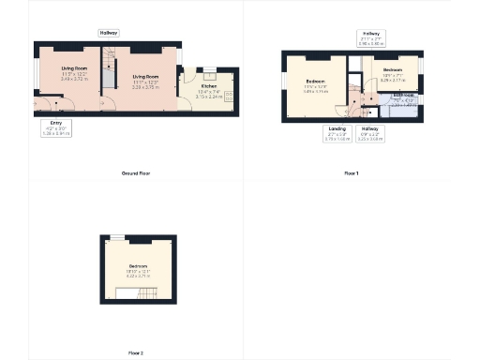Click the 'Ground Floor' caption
[136, 173]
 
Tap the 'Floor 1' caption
[351, 173]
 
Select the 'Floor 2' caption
[136, 352]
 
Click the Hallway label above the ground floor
[109, 33]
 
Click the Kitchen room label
[208, 93]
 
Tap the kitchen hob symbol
[228, 94]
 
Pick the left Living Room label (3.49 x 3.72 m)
[75, 75]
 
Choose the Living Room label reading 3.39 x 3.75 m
[144, 80]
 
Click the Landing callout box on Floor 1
[337, 133]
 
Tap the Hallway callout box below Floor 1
[368, 133]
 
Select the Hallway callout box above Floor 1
[369, 38]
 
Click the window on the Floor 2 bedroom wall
[116, 236]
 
